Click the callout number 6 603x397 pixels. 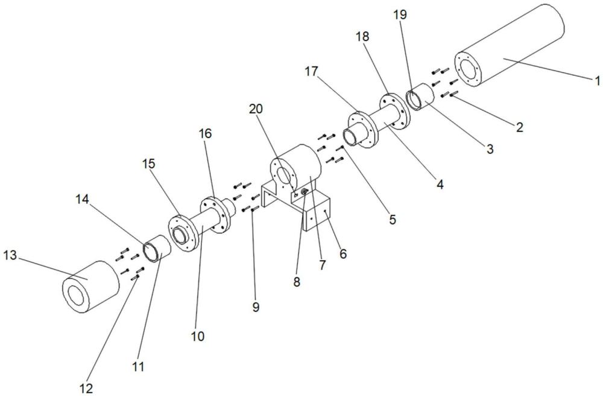(x=343, y=255)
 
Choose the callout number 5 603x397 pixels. (x=393, y=220)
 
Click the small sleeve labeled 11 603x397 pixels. (x=159, y=249)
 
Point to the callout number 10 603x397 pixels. (x=198, y=336)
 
